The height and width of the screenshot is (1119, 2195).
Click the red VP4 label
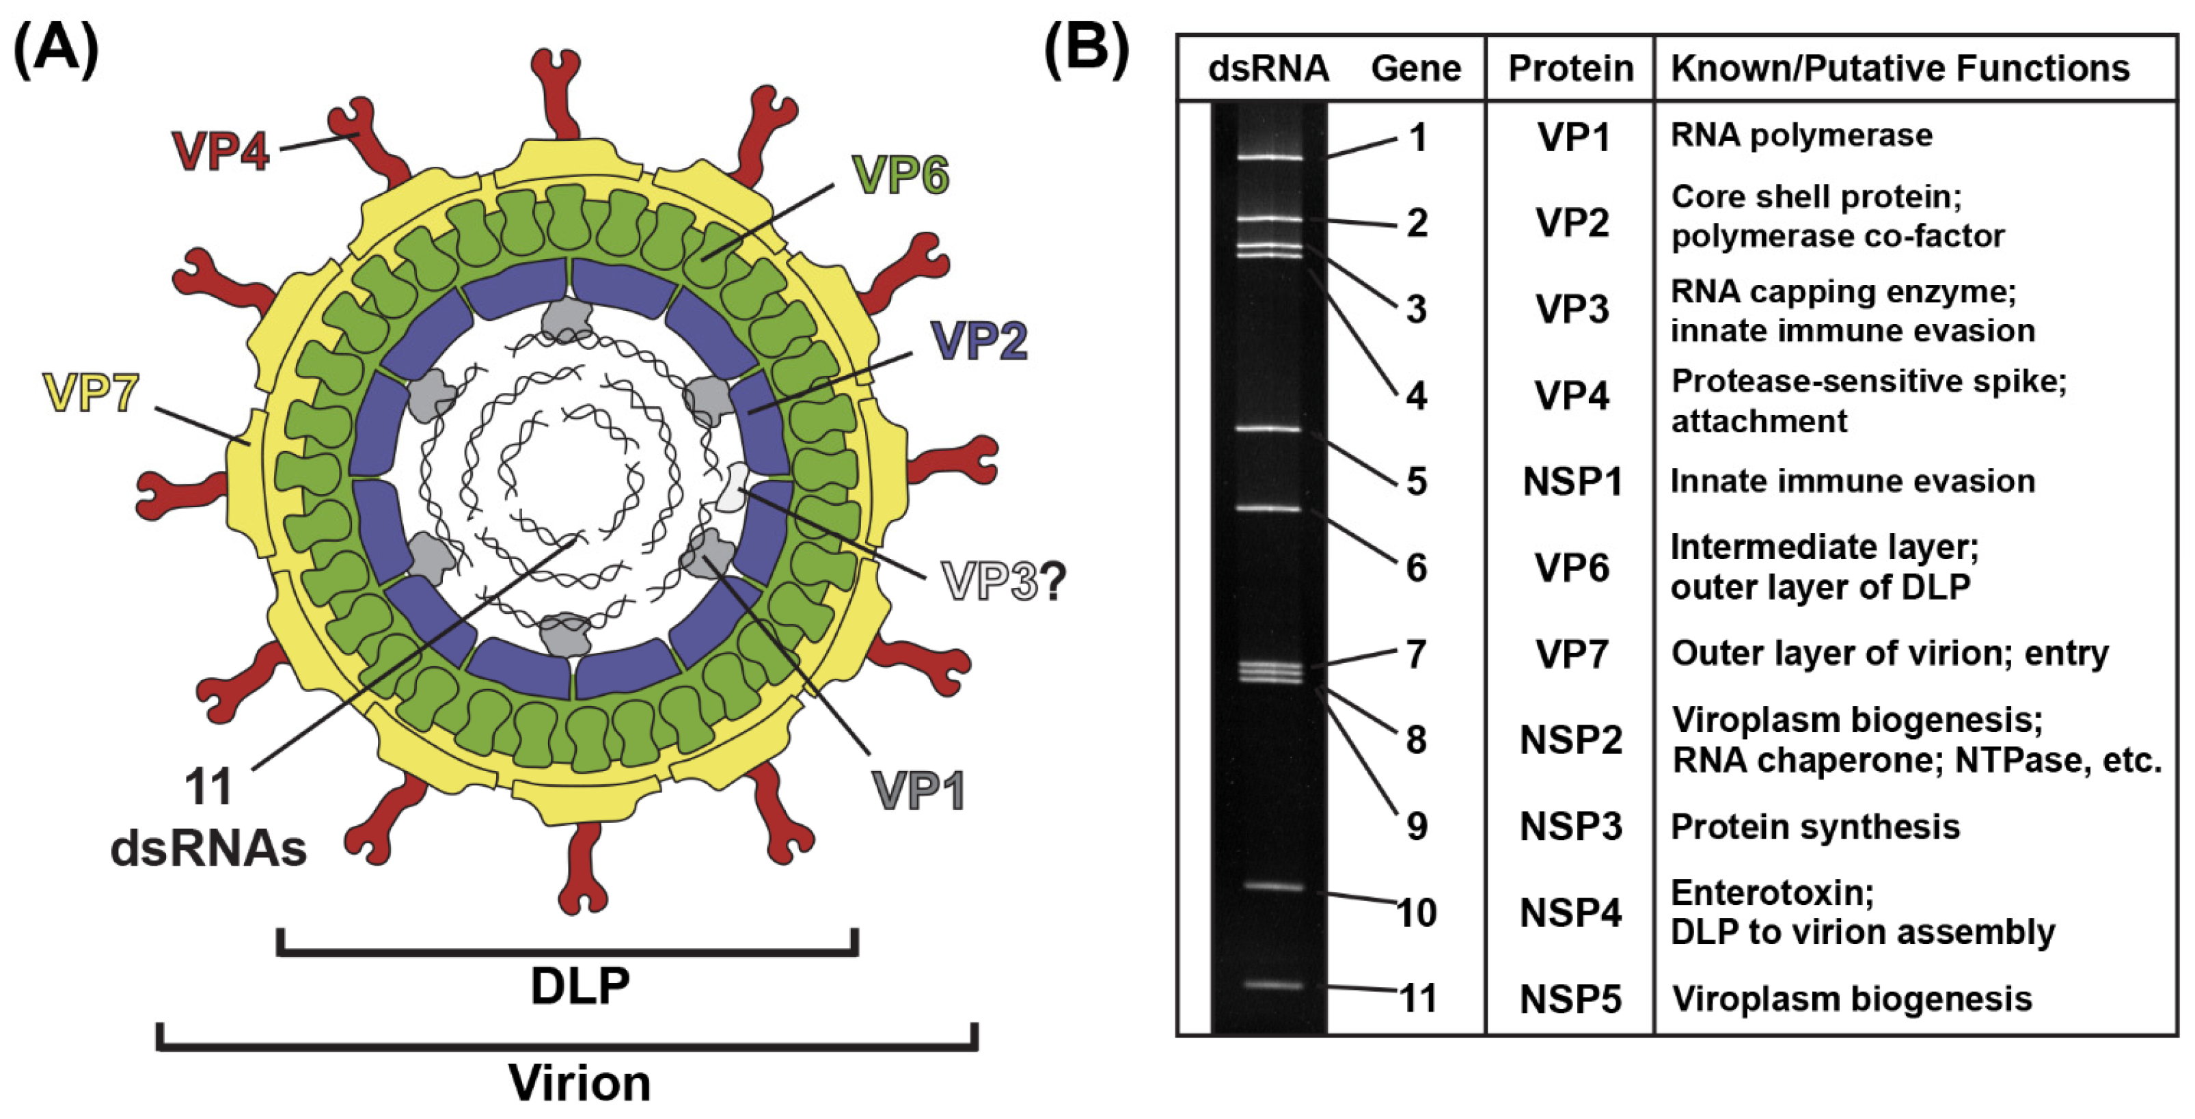(x=220, y=151)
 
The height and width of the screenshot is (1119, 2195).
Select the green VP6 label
(x=900, y=176)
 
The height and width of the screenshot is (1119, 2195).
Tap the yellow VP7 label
(x=90, y=394)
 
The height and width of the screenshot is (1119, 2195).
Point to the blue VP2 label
(x=979, y=342)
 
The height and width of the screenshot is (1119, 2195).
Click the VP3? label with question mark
(x=1002, y=583)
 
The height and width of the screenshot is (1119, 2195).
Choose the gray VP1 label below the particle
(x=918, y=791)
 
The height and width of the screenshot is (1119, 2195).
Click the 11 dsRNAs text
(x=208, y=818)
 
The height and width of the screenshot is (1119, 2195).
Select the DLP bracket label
(x=580, y=986)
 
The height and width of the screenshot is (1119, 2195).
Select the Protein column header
(x=1570, y=68)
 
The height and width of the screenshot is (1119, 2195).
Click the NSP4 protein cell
(x=1570, y=913)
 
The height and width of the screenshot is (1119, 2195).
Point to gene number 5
(x=1416, y=481)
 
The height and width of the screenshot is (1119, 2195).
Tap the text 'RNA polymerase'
(x=1801, y=135)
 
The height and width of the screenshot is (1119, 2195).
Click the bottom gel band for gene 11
(x=1272, y=985)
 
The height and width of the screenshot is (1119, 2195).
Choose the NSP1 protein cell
(x=1572, y=481)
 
